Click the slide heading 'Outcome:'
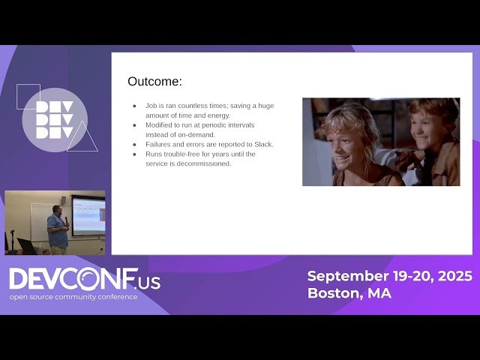point(154,82)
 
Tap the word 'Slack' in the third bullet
point(263,144)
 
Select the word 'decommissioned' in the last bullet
point(205,163)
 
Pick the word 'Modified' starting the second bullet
point(159,125)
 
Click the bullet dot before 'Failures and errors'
point(134,144)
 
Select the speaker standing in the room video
point(56,229)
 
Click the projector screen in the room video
point(88,214)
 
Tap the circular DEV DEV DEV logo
point(55,120)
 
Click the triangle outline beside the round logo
point(82,139)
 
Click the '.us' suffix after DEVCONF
point(149,283)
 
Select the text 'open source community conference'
point(73,297)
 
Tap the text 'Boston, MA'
point(349,293)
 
